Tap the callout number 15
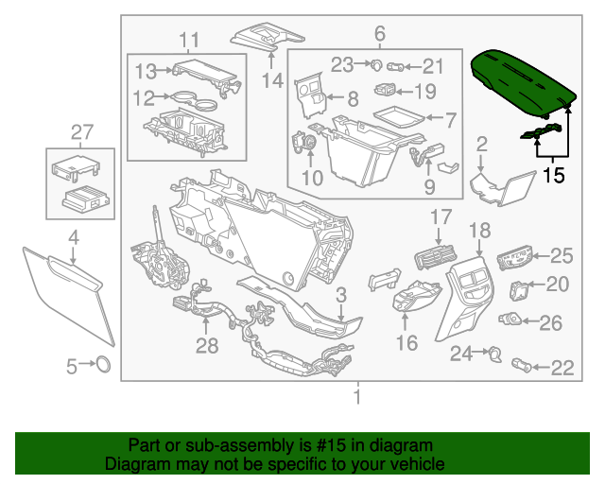click(553, 175)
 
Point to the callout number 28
click(207, 345)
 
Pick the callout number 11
click(190, 39)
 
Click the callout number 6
click(379, 34)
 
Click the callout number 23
click(341, 64)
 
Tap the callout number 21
click(432, 65)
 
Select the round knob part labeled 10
click(304, 142)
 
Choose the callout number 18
click(480, 230)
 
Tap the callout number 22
click(562, 368)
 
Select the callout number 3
click(340, 295)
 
